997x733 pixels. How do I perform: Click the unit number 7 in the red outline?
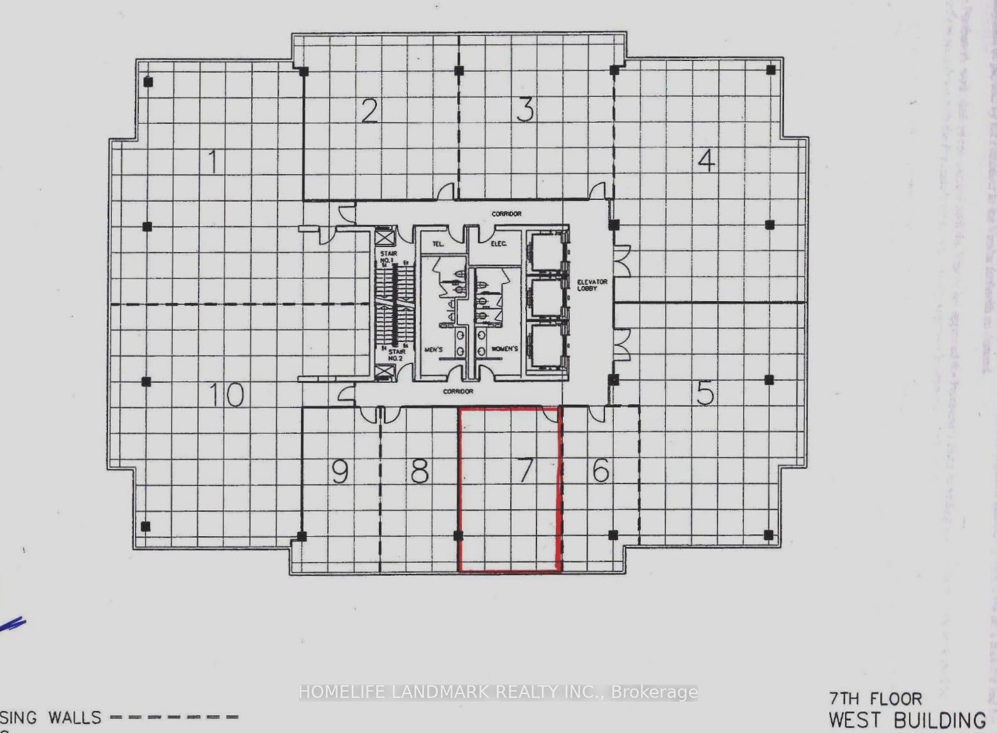(525, 470)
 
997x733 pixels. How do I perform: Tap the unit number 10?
(226, 395)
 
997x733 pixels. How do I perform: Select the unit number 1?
(214, 162)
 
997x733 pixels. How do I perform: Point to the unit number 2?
(369, 111)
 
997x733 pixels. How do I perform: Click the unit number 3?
(525, 110)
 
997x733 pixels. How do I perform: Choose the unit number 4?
(706, 161)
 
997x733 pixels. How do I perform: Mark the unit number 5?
(706, 394)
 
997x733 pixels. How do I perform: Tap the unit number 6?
(601, 470)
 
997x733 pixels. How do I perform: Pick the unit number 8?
(420, 471)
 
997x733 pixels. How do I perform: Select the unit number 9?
(340, 471)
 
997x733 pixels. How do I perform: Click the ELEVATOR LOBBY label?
(592, 285)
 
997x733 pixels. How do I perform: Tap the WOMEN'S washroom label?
(504, 349)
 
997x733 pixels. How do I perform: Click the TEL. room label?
(439, 244)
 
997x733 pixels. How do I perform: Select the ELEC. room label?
(498, 243)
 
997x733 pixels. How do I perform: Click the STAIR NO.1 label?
(388, 256)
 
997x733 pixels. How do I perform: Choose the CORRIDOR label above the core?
(506, 214)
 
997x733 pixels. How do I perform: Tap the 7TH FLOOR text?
(875, 698)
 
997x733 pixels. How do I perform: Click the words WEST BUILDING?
(907, 720)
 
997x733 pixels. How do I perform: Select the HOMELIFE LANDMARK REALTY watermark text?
(498, 692)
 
